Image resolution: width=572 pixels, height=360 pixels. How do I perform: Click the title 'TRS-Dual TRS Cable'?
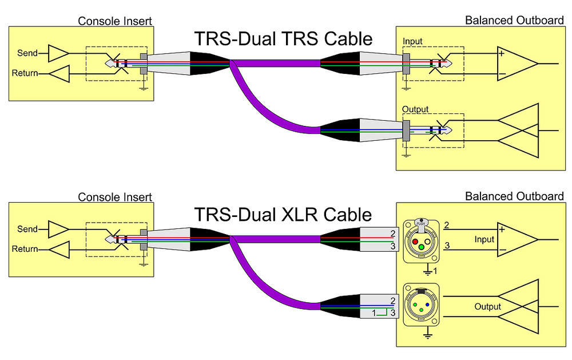[283, 39]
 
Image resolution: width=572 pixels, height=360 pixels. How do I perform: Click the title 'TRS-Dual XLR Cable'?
[283, 215]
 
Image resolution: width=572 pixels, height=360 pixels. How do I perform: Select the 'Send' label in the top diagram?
[27, 53]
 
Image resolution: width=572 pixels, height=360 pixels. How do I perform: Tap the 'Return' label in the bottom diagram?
[25, 249]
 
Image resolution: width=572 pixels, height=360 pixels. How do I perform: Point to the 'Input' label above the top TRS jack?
[412, 42]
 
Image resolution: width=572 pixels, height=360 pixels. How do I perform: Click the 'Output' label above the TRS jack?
[415, 109]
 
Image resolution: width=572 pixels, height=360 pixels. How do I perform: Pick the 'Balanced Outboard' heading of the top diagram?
[514, 21]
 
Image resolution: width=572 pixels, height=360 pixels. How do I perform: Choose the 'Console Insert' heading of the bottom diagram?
[115, 197]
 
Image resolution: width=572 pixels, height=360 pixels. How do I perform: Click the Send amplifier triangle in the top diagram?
[58, 53]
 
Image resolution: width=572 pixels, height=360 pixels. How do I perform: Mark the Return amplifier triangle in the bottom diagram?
[59, 250]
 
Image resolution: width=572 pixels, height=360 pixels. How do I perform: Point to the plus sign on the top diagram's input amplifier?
[502, 54]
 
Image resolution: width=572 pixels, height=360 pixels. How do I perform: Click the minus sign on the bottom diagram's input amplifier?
[502, 251]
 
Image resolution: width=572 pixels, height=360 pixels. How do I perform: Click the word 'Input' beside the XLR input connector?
[484, 239]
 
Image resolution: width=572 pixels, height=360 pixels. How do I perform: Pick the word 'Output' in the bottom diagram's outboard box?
[487, 307]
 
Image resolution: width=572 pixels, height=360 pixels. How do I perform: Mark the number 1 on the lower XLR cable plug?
[374, 312]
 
